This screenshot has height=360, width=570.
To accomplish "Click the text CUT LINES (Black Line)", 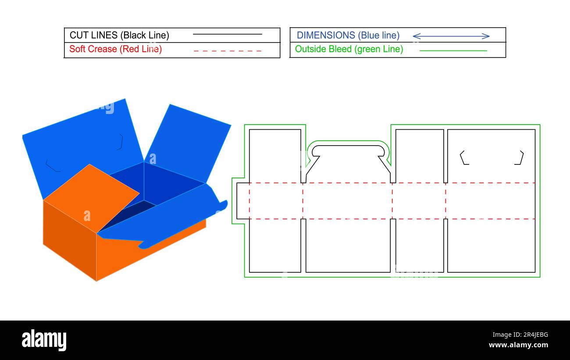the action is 119,36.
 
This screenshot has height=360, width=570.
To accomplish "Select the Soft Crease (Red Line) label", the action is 115,49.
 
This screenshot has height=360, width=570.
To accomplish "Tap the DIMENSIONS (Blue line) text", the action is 348,36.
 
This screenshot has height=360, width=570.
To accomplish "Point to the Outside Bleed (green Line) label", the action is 349,49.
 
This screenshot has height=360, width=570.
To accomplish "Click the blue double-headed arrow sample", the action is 451,36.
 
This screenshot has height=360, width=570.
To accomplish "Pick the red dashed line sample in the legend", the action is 228,51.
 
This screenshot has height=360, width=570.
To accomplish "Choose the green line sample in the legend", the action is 453,50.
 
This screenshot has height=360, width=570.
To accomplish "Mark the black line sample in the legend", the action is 227,34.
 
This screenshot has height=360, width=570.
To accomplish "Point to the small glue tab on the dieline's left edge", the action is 243,201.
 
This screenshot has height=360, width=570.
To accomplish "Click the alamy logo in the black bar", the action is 44,339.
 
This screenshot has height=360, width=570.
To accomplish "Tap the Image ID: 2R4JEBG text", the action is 520,334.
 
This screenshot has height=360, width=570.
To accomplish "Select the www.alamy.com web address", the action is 518,345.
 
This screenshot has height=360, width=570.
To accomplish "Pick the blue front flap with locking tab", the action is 163,216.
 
